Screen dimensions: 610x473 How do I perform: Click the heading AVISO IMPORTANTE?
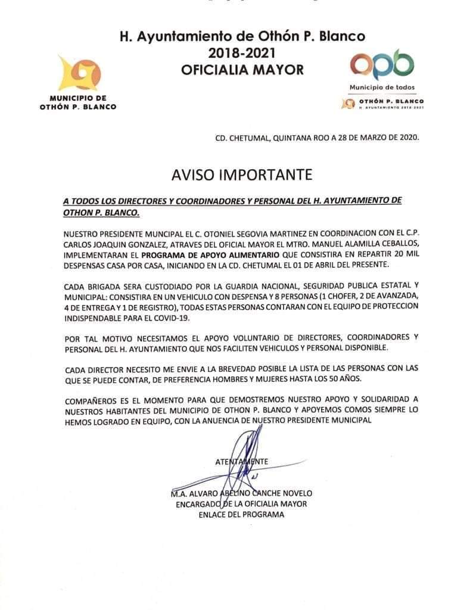pos(241,175)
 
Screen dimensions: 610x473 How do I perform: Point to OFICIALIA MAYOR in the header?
pos(242,70)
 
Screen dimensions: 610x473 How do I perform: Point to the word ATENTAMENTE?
pos(241,462)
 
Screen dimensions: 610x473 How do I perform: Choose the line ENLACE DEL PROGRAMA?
pos(241,515)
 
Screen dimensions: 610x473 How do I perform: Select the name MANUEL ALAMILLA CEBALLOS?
pos(356,242)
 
